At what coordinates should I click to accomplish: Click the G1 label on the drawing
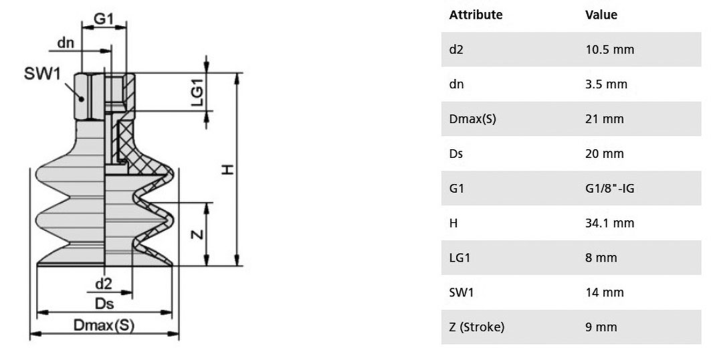(103, 19)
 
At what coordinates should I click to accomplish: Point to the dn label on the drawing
(66, 43)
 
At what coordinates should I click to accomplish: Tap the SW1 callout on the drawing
(41, 74)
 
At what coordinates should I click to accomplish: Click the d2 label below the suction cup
(104, 284)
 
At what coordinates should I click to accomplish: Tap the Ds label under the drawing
(104, 303)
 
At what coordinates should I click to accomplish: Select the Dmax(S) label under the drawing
(104, 325)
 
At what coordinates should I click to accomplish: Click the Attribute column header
(476, 15)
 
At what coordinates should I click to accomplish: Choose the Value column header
(601, 15)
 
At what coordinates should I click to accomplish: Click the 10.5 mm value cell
(609, 50)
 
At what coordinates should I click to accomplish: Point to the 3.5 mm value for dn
(606, 84)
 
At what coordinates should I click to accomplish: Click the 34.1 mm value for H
(609, 223)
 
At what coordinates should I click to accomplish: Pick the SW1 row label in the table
(461, 292)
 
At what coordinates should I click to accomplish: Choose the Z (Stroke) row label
(477, 327)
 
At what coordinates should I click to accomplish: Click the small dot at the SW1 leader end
(81, 98)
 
